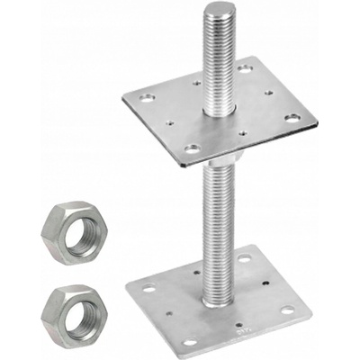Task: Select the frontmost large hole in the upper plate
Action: tap(192, 148)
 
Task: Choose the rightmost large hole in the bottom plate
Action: tap(287, 310)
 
